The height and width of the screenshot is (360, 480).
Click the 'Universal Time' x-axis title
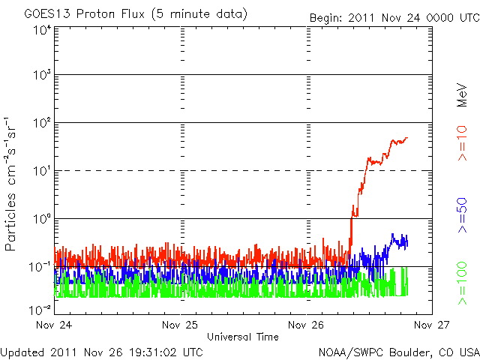[x=243, y=337]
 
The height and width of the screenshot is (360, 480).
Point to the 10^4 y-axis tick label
[x=41, y=30]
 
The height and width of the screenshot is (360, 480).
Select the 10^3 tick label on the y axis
[x=41, y=76]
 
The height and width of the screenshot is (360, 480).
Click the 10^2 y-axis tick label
[x=41, y=123]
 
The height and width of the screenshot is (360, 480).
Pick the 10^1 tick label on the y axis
[x=41, y=172]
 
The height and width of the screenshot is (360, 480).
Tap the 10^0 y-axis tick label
[x=41, y=219]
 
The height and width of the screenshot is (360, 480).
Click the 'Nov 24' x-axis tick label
[x=54, y=325]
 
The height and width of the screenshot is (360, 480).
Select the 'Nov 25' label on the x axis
[x=181, y=325]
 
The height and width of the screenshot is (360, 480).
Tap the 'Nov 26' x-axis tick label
[x=307, y=325]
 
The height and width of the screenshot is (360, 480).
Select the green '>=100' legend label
[x=462, y=286]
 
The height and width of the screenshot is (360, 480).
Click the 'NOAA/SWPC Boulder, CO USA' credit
[x=398, y=351]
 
